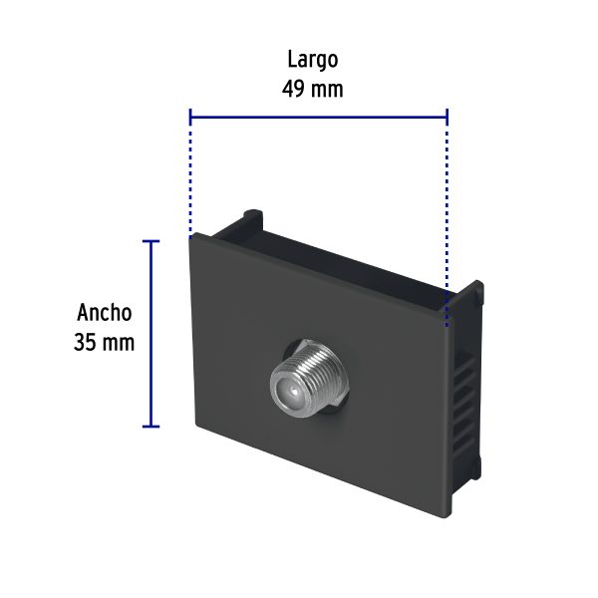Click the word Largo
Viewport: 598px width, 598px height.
[x=313, y=59]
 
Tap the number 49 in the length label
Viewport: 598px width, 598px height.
[x=295, y=88]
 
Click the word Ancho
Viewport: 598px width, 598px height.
[x=104, y=312]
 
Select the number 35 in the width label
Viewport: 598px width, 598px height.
[x=86, y=342]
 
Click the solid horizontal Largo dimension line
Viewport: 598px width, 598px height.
[x=318, y=117]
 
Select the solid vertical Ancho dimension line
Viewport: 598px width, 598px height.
[x=151, y=334]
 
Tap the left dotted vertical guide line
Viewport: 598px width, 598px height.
[x=190, y=174]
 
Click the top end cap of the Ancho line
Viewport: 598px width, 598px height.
[x=151, y=241]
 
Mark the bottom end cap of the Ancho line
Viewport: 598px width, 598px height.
[x=151, y=427]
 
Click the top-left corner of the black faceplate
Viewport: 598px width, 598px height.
[x=192, y=236]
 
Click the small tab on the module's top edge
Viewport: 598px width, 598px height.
[x=254, y=215]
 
